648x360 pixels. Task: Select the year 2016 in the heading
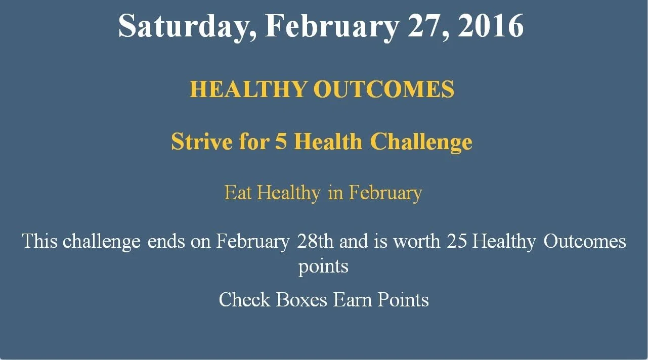(x=491, y=26)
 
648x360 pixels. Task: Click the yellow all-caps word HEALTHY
(x=248, y=89)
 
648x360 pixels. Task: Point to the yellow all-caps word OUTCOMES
(x=384, y=89)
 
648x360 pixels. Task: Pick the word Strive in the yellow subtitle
(x=202, y=142)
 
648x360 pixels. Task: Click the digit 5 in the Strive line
(x=281, y=142)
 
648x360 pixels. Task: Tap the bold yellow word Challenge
(x=421, y=142)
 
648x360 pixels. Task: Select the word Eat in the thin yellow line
(x=238, y=193)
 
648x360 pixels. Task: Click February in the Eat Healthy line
(x=385, y=193)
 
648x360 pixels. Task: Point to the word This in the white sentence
(x=40, y=241)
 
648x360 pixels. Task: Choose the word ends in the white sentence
(x=166, y=242)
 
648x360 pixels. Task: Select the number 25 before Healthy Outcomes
(x=456, y=242)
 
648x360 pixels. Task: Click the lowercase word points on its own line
(x=323, y=266)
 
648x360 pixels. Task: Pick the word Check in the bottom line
(x=244, y=299)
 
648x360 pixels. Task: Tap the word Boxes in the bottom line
(x=301, y=299)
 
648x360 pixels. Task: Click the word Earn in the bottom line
(x=352, y=299)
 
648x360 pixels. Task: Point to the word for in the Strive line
(x=254, y=142)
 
